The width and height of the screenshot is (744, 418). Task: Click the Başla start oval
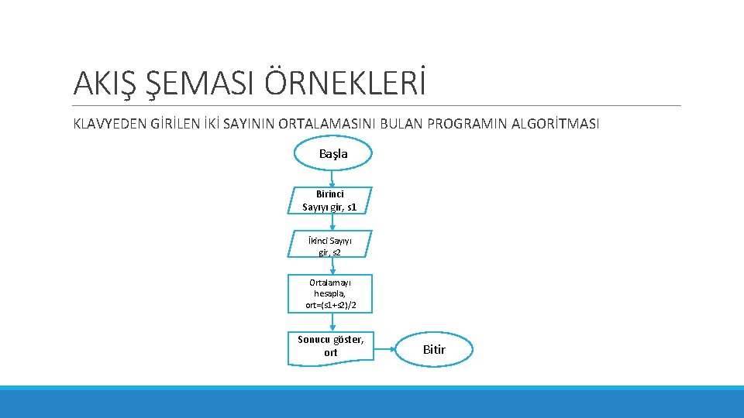coord(333,153)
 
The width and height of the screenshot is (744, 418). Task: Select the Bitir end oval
coord(434,349)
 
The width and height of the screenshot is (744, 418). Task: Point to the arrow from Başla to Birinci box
coord(332,178)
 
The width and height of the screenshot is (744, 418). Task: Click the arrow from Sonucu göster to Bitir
coord(387,350)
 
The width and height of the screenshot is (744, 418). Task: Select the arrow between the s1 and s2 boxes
coord(333,222)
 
